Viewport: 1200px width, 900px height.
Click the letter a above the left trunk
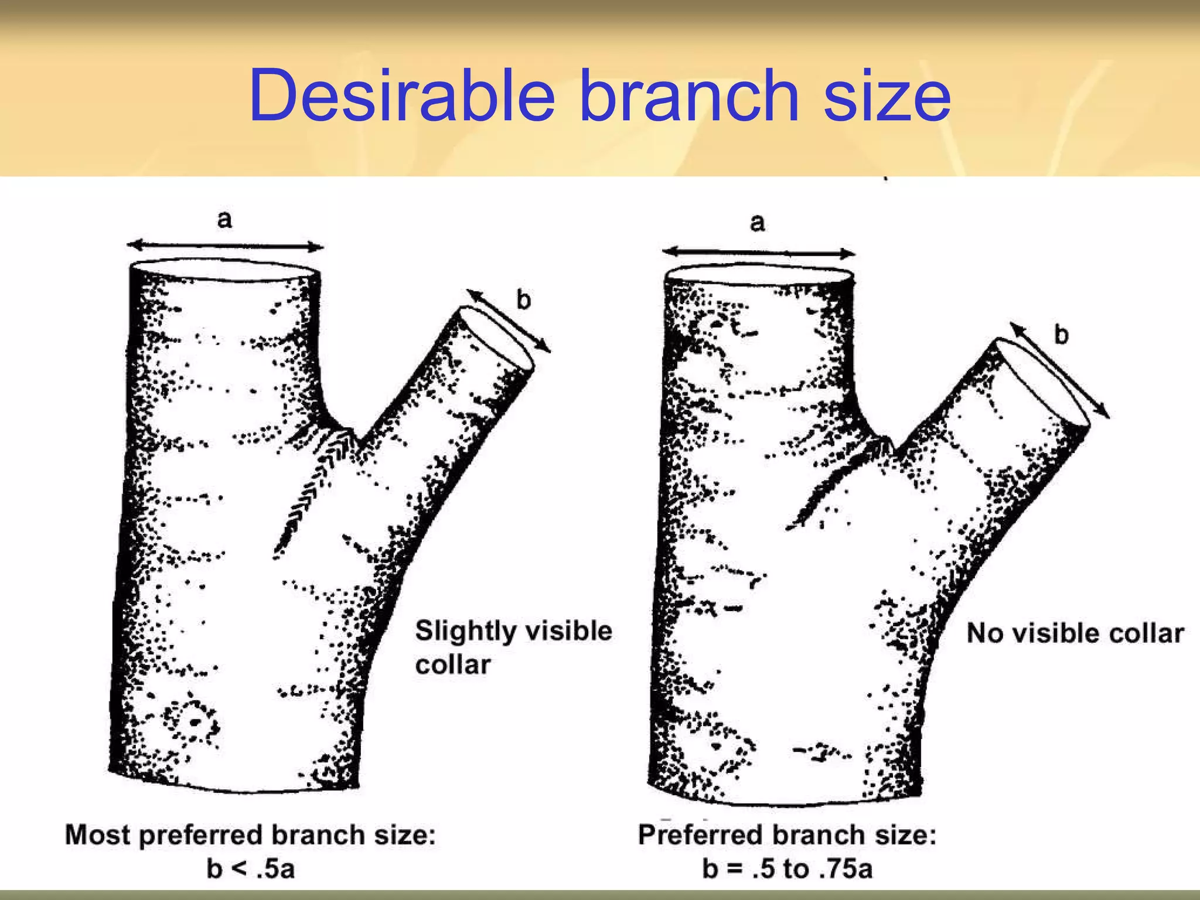click(x=224, y=220)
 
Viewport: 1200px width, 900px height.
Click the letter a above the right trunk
click(x=758, y=223)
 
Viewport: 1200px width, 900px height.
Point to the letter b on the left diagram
click(x=523, y=300)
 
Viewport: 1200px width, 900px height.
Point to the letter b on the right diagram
click(x=1061, y=335)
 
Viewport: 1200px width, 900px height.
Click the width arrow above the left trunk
click(x=225, y=246)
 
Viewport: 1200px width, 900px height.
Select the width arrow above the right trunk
click(x=759, y=253)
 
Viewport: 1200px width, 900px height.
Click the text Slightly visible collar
click(x=513, y=647)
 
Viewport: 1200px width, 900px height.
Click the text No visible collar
click(x=1075, y=633)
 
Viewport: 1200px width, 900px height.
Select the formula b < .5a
click(x=250, y=868)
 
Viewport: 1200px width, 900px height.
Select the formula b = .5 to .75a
click(x=787, y=868)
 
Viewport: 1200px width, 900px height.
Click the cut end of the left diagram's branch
click(x=497, y=338)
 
